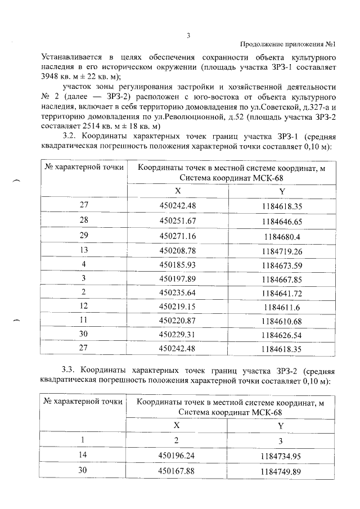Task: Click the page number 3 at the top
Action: [x=189, y=35]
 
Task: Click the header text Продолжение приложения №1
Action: [x=287, y=44]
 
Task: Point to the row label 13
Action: [x=84, y=250]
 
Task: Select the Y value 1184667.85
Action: [x=282, y=280]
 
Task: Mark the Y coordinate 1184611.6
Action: [x=282, y=308]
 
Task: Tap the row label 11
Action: [x=84, y=322]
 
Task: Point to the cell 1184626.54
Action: [x=282, y=337]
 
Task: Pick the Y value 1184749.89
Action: [x=282, y=471]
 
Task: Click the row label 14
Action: [x=84, y=456]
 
